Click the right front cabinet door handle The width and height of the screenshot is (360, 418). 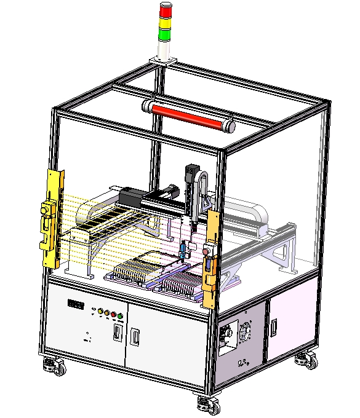click(135, 337)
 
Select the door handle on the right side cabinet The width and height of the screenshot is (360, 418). click(273, 324)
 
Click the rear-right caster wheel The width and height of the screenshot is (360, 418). click(306, 361)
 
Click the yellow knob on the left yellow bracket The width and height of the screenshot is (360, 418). click(44, 211)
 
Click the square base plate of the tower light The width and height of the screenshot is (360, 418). click(163, 60)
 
